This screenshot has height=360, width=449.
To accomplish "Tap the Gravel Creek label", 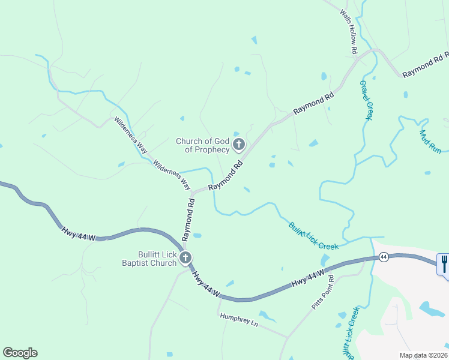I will coord(367,100).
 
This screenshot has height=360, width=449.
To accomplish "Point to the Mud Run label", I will coord(431,142).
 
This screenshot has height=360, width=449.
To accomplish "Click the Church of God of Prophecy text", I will coord(203,145).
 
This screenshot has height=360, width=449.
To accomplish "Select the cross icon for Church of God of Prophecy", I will coord(239,144).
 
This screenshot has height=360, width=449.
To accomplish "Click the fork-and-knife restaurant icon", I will coord(444,262).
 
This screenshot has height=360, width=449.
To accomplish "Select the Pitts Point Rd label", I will coord(323,292).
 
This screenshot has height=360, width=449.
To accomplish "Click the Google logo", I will coord(20,353).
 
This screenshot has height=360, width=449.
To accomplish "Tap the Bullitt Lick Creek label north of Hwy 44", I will coord(313,236).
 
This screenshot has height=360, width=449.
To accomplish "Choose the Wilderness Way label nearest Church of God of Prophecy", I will coord(171,175).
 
